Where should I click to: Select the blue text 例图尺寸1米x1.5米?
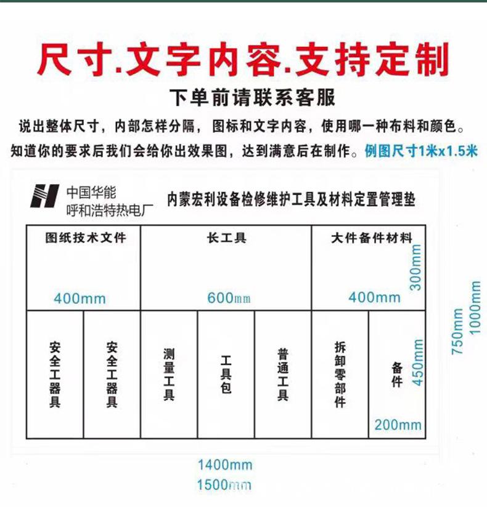[421, 150]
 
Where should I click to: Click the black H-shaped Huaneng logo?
[46, 196]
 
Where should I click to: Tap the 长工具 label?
[226, 237]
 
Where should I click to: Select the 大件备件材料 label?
[371, 238]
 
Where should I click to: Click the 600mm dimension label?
[229, 298]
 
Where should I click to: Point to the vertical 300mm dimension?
[416, 267]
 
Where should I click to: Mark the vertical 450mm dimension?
[418, 363]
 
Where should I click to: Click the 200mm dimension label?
[398, 424]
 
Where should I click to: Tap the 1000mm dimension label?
[475, 308]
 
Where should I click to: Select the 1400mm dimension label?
[224, 465]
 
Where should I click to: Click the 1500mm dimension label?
[224, 484]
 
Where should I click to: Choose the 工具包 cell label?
[226, 374]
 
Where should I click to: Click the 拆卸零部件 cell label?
[340, 374]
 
